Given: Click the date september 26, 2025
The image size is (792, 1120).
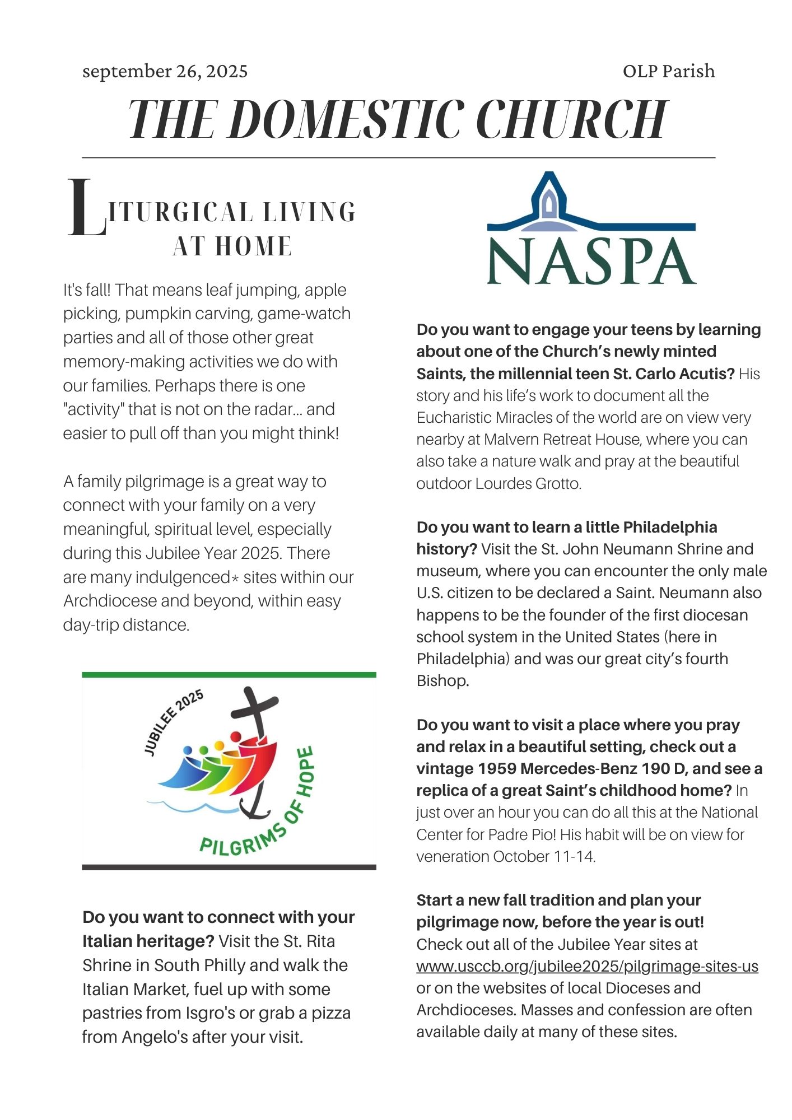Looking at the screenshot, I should (165, 71).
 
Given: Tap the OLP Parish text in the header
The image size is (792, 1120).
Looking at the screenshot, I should (668, 71).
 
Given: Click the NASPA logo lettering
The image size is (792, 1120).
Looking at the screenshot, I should (591, 262).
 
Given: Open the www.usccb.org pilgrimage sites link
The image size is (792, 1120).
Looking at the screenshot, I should (587, 966).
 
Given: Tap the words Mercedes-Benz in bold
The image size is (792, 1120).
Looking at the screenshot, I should (579, 768).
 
